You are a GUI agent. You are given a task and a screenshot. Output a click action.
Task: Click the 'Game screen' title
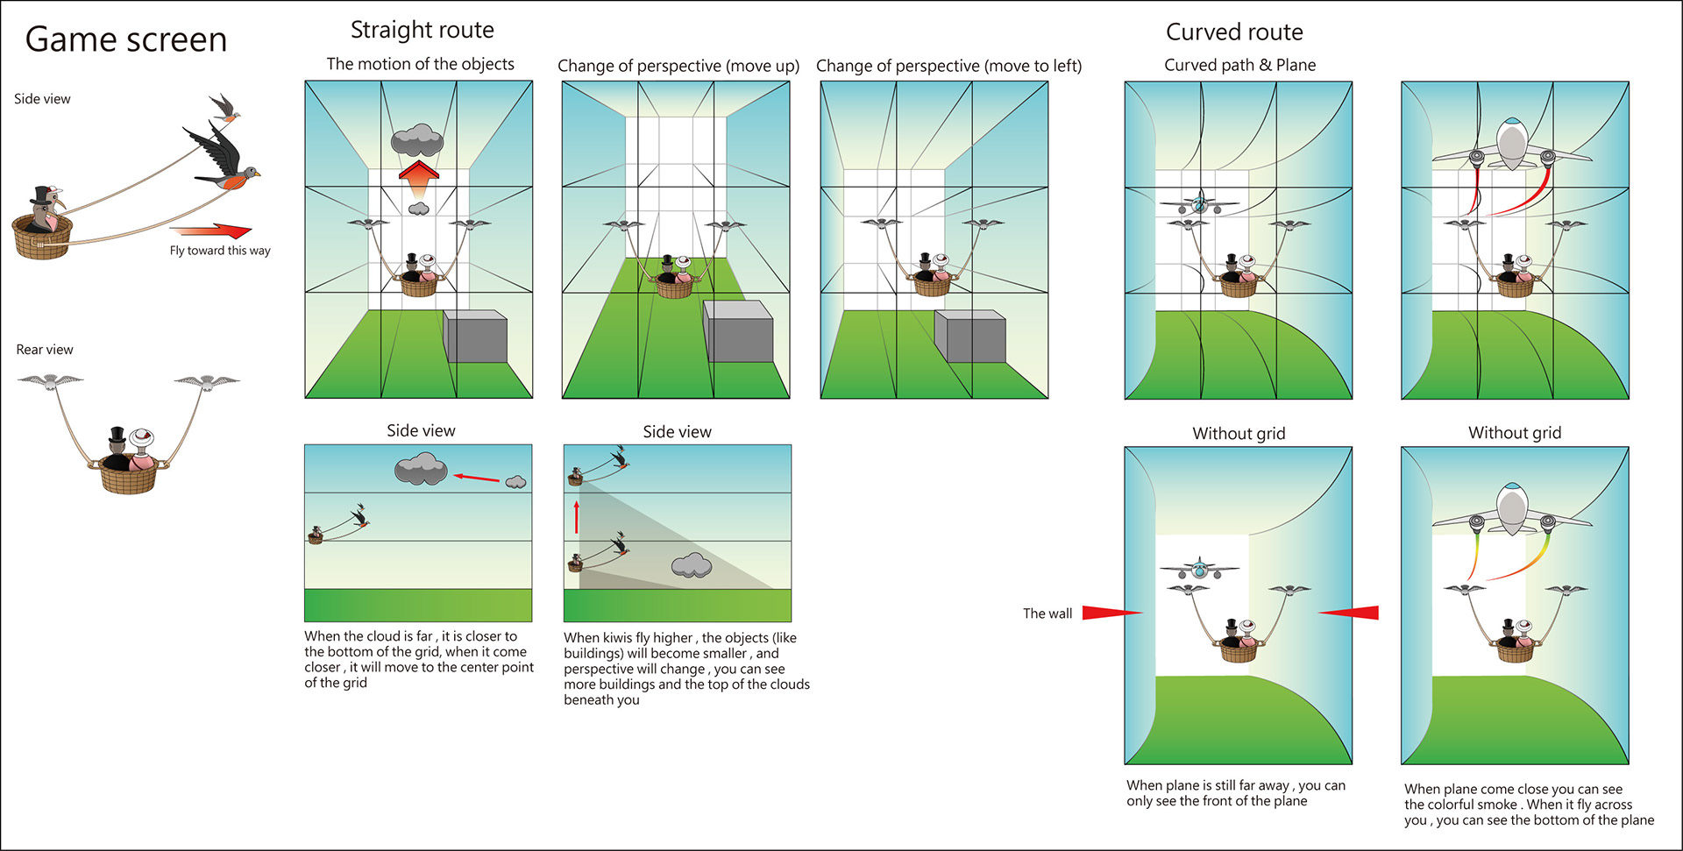pos(126,40)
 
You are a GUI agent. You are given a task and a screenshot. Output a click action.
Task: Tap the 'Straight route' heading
pos(422,31)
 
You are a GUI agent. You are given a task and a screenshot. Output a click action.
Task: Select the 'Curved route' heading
pos(1233,32)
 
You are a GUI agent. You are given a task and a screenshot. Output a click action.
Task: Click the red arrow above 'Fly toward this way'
pos(212,231)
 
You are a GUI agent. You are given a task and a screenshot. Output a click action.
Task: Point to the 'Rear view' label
pos(45,350)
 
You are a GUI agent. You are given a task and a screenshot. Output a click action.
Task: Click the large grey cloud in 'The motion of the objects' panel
pos(416,139)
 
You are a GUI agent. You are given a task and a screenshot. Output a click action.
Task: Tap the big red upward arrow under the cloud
pos(419,181)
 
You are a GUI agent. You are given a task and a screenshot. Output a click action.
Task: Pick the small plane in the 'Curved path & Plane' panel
pos(1199,205)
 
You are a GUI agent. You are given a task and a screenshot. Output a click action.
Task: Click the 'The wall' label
pos(1047,613)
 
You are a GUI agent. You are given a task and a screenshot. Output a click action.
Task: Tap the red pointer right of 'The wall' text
pos(1111,613)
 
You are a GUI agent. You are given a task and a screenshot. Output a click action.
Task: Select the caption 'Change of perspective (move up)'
pos(678,67)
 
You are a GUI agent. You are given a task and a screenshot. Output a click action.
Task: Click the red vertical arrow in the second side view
pos(577,516)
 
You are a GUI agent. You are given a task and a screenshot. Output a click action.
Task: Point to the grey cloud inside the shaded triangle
pos(692,565)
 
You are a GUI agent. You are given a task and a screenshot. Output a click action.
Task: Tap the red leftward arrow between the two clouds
pos(476,478)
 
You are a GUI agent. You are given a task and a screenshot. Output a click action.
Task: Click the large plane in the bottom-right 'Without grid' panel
pos(1512,513)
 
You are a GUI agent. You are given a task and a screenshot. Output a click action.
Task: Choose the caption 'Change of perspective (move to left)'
pos(948,67)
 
